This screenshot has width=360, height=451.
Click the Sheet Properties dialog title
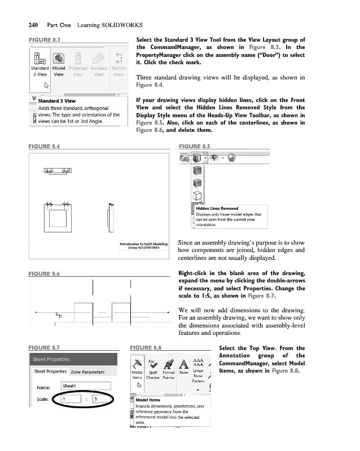pos(51,359)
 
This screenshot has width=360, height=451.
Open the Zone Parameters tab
pos(87,372)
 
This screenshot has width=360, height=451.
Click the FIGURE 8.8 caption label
pos(146,348)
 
